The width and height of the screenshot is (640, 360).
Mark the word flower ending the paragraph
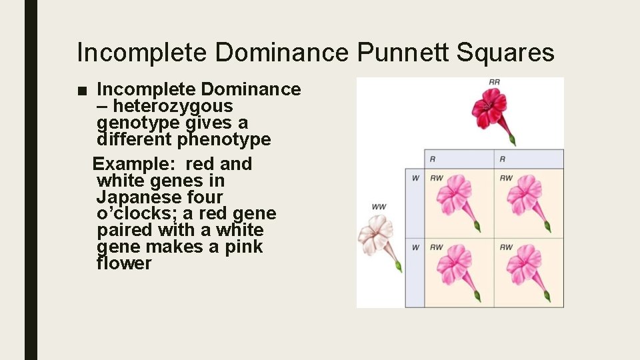[124, 264]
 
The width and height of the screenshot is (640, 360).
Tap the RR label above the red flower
[494, 82]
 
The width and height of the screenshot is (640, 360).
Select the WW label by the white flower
[379, 207]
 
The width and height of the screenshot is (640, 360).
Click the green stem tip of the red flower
[512, 139]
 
